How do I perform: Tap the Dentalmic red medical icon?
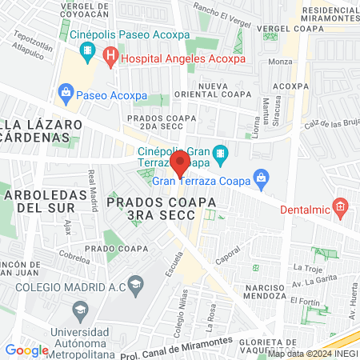click(340, 209)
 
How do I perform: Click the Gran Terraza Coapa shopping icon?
click(259, 177)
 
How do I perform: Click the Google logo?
click(26, 350)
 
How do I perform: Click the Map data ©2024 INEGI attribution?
click(312, 354)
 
